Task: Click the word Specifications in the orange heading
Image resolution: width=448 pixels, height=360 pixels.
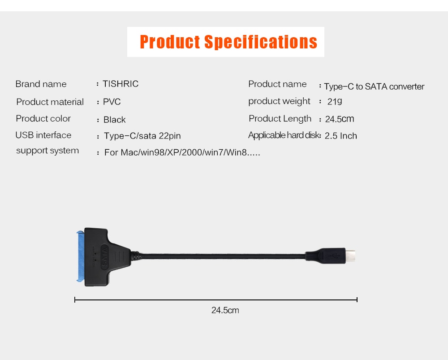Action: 261,42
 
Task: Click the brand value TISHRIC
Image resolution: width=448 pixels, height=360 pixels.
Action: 121,84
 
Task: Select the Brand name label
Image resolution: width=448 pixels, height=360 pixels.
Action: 41,84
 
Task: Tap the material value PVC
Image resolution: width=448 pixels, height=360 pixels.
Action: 112,102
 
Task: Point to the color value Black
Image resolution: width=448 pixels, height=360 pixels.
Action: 115,120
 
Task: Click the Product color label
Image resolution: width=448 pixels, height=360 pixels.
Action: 43,118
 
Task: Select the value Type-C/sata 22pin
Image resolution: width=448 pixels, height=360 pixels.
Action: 142,136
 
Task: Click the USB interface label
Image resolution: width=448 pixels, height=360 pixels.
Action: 43,135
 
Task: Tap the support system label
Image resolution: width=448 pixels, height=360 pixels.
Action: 47,151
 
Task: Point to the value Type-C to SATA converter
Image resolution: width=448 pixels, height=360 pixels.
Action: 374,87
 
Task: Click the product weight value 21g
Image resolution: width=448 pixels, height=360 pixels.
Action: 335,101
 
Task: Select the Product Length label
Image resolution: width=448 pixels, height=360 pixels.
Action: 280,119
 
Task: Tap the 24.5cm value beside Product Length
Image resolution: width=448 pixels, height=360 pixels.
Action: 340,119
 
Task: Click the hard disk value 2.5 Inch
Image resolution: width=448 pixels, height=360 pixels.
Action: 341,136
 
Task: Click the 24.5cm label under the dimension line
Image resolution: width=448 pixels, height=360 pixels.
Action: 225,310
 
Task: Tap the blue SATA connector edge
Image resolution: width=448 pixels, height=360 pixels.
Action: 81,256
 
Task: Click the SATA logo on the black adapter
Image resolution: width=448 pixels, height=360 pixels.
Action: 104,257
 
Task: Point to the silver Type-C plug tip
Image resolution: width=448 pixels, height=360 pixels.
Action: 351,256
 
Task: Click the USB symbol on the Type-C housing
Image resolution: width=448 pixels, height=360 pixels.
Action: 333,256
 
